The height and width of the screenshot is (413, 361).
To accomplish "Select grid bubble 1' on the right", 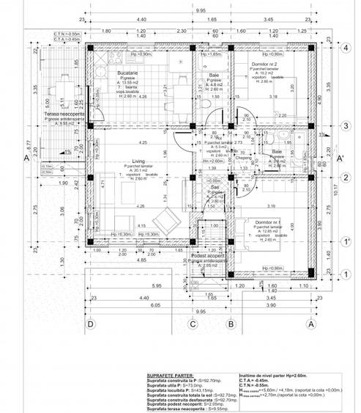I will (x=343, y=241).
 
